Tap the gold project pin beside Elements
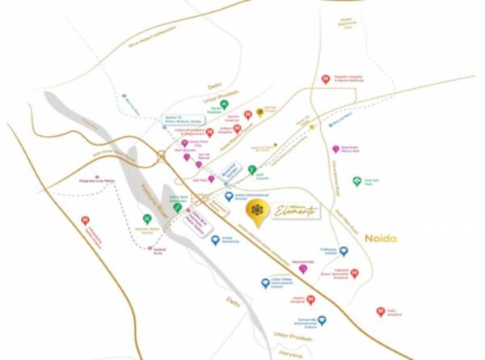[256, 211]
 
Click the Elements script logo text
[296, 210]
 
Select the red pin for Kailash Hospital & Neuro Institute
[325, 79]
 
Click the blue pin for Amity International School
[229, 197]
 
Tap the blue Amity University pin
[215, 240]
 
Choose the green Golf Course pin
[252, 170]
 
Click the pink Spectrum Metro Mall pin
[335, 150]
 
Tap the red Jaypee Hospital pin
[310, 299]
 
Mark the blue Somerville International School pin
[322, 321]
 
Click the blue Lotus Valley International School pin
[265, 283]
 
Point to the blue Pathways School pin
[344, 252]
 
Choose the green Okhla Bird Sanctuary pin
[178, 208]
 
